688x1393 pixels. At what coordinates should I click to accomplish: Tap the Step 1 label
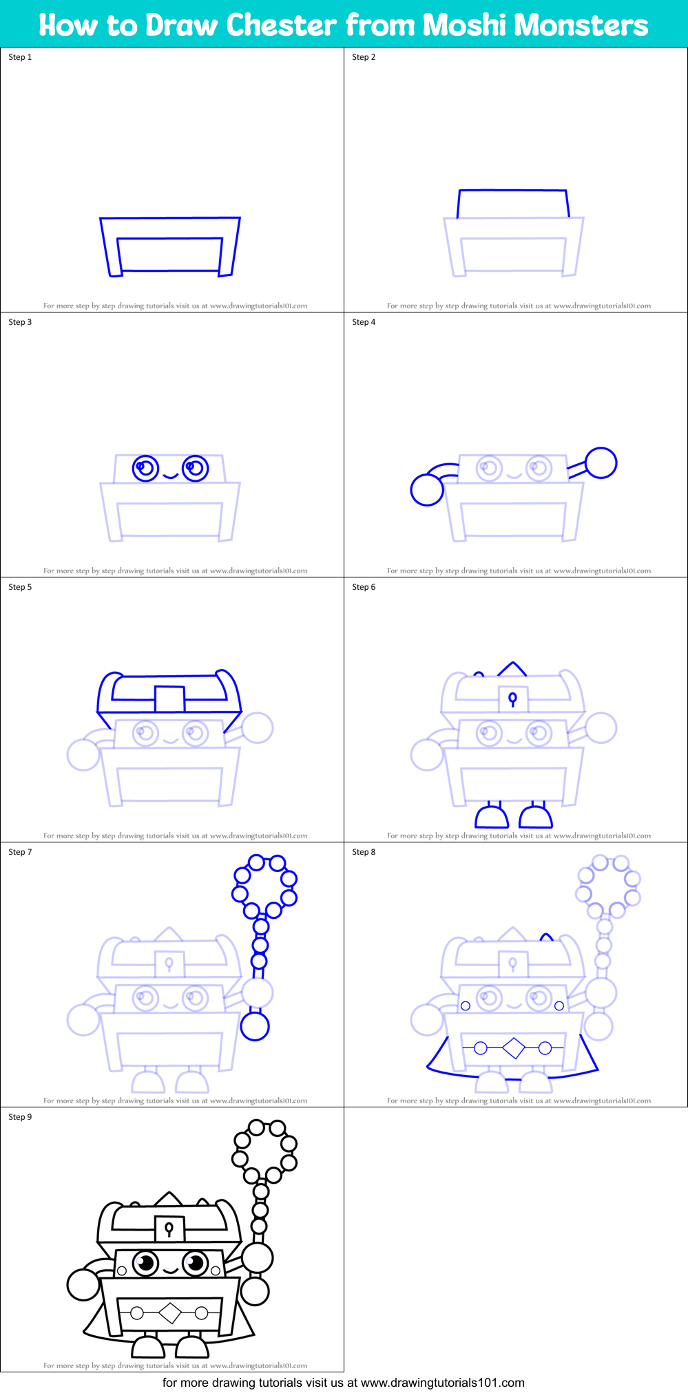(20, 57)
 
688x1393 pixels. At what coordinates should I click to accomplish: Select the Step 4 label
(364, 322)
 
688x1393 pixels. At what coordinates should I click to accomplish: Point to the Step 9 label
(20, 1117)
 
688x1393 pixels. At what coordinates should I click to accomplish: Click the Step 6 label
(364, 587)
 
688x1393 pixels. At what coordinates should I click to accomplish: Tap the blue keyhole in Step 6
(512, 699)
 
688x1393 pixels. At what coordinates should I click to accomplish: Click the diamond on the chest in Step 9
(169, 1313)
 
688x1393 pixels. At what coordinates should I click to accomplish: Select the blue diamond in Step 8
(513, 1048)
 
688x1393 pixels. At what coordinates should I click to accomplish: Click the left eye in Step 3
(145, 468)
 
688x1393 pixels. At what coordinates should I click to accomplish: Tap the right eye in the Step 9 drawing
(195, 1263)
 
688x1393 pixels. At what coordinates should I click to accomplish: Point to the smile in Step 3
(170, 476)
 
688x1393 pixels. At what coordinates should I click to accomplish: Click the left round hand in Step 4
(427, 490)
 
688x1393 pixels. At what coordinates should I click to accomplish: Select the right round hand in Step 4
(601, 462)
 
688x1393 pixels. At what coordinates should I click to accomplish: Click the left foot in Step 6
(492, 817)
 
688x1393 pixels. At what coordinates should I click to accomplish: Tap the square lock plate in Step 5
(169, 699)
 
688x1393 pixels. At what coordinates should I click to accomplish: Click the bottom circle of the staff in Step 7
(255, 1026)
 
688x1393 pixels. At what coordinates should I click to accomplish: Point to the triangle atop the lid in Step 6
(512, 668)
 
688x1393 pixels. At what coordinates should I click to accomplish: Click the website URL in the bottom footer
(442, 1383)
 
